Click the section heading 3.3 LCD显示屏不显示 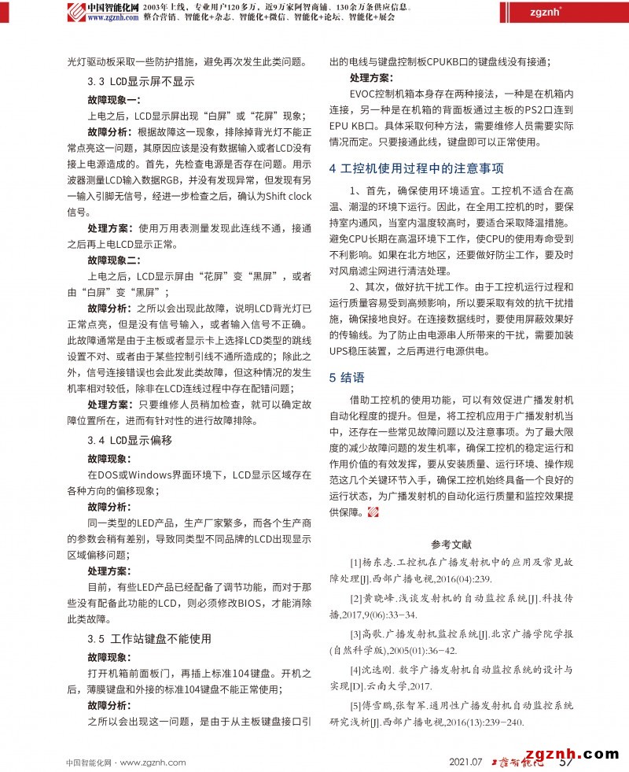click(x=141, y=81)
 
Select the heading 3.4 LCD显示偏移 click(x=130, y=440)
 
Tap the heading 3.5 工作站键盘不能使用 click(x=149, y=638)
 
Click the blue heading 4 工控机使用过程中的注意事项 click(x=416, y=169)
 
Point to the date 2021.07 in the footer click(x=465, y=762)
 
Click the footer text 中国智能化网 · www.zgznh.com click(x=125, y=762)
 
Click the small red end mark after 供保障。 click(x=373, y=512)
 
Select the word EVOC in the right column click(x=365, y=94)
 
